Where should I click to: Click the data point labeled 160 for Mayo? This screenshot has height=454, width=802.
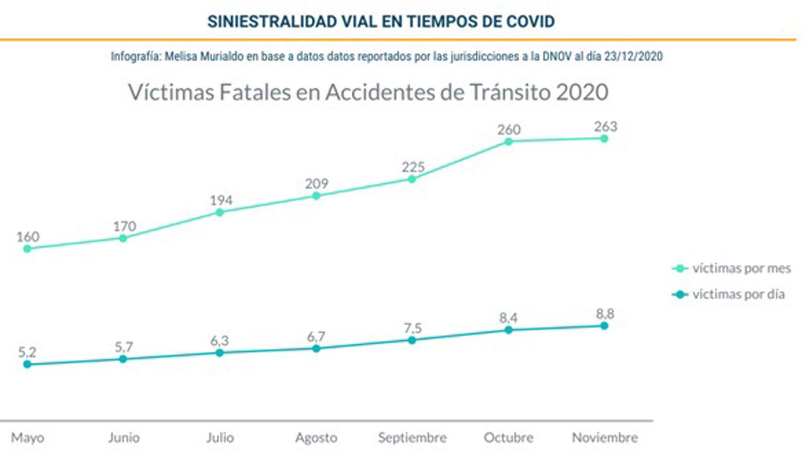coord(27,248)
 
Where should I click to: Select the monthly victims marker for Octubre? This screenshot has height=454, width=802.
coord(508,142)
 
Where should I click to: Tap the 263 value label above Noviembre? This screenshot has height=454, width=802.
coord(605,127)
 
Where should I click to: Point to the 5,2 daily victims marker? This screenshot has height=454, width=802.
coord(27,364)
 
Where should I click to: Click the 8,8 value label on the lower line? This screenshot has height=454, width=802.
coord(605,314)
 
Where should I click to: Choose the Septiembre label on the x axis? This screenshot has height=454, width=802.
coord(412,438)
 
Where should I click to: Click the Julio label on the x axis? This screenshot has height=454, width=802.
coord(220,438)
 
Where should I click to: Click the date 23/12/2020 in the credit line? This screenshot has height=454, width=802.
coord(633,56)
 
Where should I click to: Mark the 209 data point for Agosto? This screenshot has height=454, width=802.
coord(316,195)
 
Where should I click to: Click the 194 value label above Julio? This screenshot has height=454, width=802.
coord(221,200)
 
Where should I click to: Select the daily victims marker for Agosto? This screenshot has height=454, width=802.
coord(316,348)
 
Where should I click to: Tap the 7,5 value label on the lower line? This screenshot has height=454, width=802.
coord(413,327)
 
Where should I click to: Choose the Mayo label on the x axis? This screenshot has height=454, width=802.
coord(27,438)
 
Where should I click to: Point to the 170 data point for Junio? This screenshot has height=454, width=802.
coord(123,238)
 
